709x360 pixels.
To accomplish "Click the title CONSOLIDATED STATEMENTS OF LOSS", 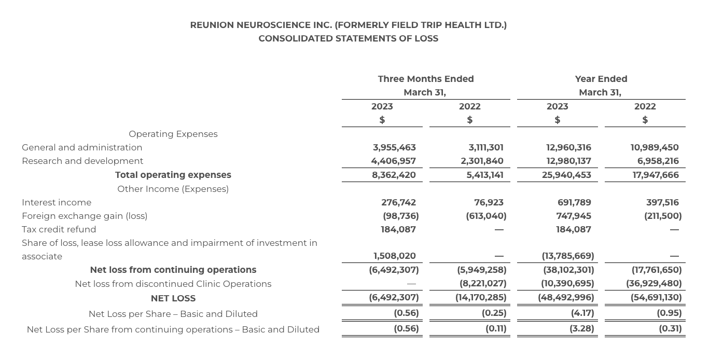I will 348,38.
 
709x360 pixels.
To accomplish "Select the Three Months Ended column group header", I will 425,79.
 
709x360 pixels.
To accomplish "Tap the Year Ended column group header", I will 601,79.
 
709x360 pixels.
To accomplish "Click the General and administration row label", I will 82,147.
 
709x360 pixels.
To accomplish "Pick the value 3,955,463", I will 394,147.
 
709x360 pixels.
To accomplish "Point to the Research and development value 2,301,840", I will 482,161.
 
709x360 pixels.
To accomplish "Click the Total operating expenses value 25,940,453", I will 566,175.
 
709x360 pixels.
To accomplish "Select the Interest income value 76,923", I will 489,202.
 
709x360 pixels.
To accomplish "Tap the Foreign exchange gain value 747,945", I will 574,216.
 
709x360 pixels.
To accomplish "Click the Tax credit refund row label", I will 59,229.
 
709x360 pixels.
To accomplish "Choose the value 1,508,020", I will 394,256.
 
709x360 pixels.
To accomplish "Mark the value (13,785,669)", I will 568,256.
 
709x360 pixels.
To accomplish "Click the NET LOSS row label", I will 173,298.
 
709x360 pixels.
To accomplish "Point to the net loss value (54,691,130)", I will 656,298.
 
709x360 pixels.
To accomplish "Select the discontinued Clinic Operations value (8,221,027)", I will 483,284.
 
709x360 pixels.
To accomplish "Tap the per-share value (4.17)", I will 582,313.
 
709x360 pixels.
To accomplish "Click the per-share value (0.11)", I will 496,328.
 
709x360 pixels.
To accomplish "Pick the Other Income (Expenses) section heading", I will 173,189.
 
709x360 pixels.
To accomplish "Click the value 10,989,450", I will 655,147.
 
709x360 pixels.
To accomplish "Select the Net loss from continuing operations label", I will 173,270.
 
